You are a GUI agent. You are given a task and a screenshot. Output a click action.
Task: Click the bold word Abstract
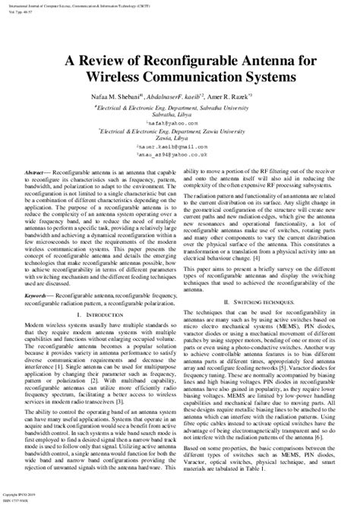(36, 173)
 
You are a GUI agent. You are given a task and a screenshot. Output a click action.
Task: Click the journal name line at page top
(90, 5)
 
